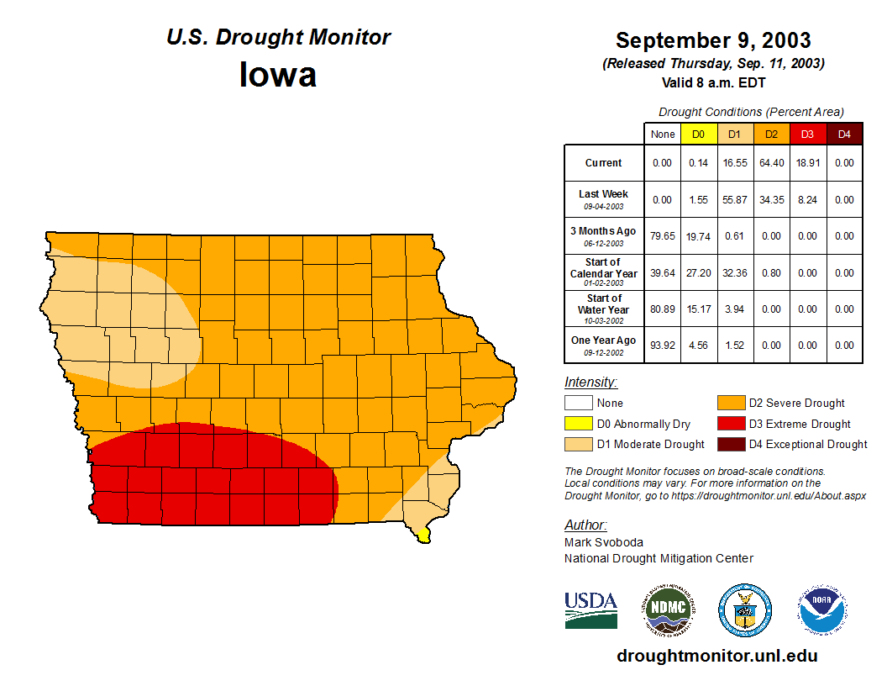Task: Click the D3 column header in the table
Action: [x=807, y=135]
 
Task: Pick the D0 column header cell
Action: [x=699, y=135]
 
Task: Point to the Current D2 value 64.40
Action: [x=771, y=163]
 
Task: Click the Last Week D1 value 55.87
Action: [x=735, y=200]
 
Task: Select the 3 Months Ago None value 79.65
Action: [x=663, y=236]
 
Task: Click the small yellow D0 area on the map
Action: [x=423, y=534]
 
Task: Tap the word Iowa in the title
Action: [x=278, y=75]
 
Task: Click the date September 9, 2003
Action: [x=713, y=40]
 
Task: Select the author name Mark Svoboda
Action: [x=604, y=542]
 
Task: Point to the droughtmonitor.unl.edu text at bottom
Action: [x=716, y=656]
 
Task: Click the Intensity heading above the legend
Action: [x=590, y=383]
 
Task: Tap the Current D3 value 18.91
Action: [x=807, y=163]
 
